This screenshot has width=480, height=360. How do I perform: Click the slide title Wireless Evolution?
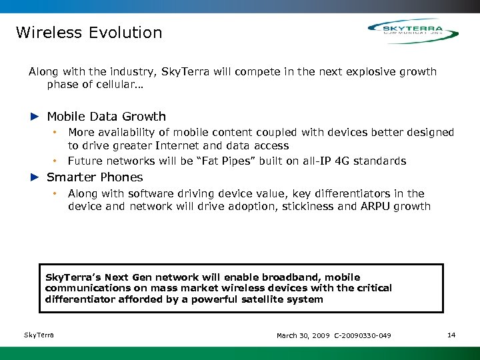click(x=89, y=33)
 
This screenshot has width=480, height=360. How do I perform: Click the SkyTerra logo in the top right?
click(x=413, y=31)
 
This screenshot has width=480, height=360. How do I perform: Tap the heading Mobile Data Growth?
click(x=106, y=117)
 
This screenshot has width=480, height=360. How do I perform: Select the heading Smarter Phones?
click(x=95, y=177)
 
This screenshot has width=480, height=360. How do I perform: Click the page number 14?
click(x=451, y=335)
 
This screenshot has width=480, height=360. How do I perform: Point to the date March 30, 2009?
click(x=303, y=335)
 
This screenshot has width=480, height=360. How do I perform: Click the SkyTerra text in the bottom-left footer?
click(x=39, y=335)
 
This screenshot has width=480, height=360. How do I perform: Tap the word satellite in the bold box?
click(x=257, y=299)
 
